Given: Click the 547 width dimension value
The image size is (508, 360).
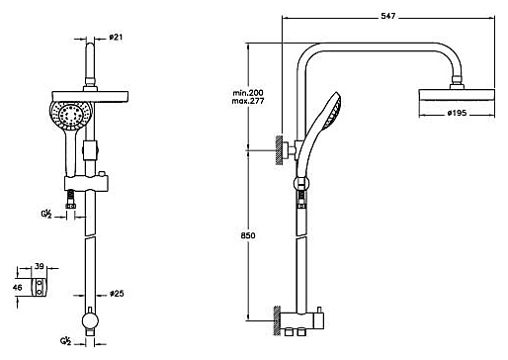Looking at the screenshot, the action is (387, 16).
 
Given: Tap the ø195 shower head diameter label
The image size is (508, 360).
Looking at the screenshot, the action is (457, 113).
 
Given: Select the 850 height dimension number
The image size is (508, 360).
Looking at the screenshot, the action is (248, 235).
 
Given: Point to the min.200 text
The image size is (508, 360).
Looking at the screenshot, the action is (248, 93).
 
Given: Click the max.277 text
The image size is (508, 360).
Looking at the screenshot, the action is (248, 101).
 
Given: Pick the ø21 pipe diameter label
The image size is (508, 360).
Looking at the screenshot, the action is (116, 37).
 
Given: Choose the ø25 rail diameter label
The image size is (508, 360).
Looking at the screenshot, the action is (117, 293).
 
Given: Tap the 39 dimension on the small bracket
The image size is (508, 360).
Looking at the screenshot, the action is (40, 266).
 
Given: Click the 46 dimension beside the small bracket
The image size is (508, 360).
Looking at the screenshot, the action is (18, 287).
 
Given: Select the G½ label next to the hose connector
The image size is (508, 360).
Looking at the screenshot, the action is (46, 215).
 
